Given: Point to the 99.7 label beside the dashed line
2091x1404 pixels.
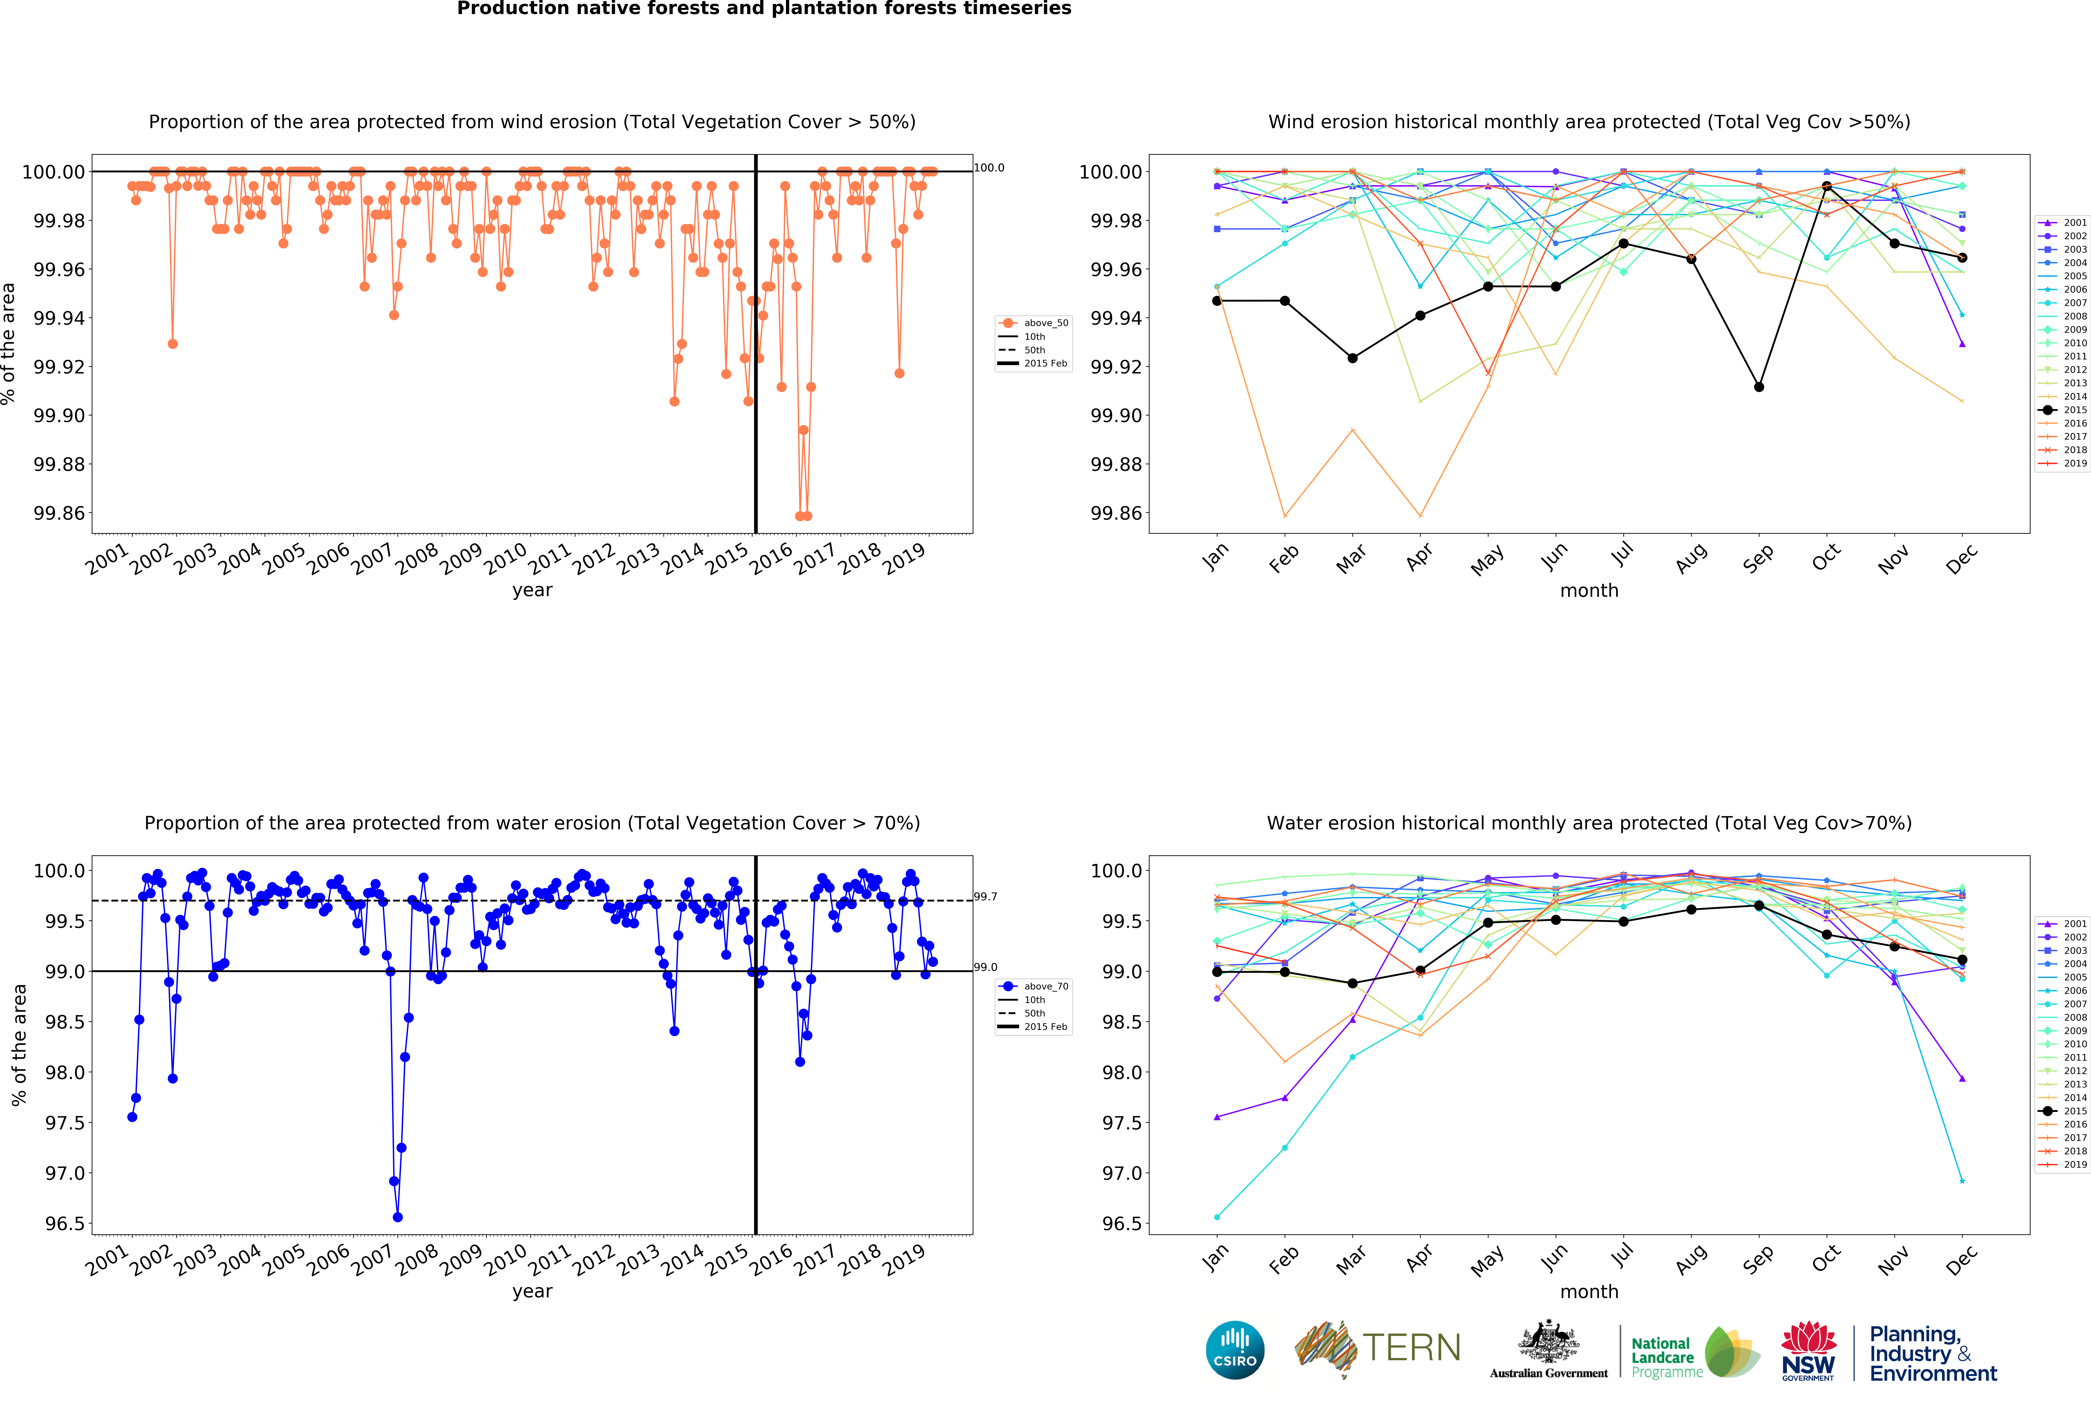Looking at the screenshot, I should point(985,896).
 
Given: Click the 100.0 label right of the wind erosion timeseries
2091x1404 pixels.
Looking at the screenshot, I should point(989,168).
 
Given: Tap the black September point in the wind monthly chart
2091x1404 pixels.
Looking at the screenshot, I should point(1759,387).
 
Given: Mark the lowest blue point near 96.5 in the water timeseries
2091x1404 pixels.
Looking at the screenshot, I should point(398,1217).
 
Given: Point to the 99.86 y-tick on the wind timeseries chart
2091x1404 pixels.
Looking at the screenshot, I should point(59,513).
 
